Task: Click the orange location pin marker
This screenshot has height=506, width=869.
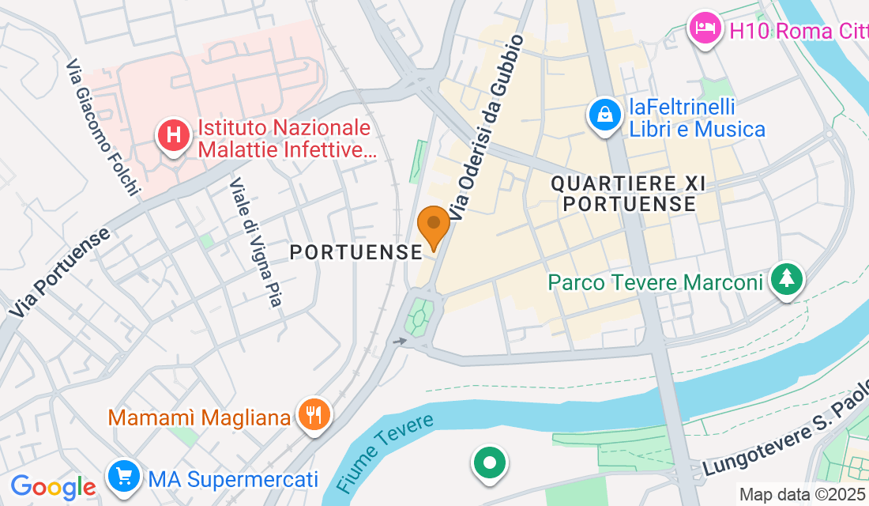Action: pos(433,225)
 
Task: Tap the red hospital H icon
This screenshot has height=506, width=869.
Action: pos(174,135)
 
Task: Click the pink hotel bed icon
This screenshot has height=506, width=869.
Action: pos(705,29)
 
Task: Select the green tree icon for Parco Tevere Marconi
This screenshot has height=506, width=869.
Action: pos(787,279)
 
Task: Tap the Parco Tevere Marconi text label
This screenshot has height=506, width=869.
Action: pos(656,282)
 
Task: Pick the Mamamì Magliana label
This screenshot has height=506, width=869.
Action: pos(199,417)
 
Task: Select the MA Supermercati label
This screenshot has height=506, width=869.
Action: pos(233,478)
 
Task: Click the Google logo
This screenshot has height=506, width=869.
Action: pos(53,485)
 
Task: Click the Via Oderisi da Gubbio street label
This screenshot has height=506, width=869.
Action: pos(487,126)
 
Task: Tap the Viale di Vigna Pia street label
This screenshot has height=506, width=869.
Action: pos(255,241)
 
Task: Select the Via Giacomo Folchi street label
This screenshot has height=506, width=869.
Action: pos(103,126)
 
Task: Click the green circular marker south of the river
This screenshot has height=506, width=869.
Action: pos(490,463)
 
